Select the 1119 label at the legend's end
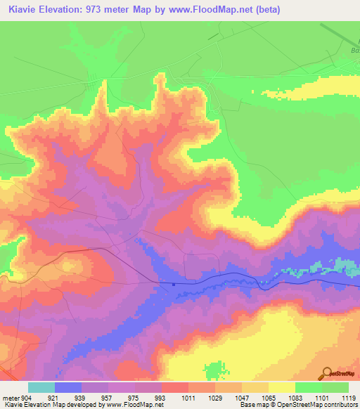pos(348,398)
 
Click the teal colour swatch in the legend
pos(41,387)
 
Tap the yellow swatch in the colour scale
pos(281,387)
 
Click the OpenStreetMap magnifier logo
pos(327,373)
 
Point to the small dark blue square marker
pos(173,285)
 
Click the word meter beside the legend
pos(10,398)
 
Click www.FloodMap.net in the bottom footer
pos(136,405)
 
